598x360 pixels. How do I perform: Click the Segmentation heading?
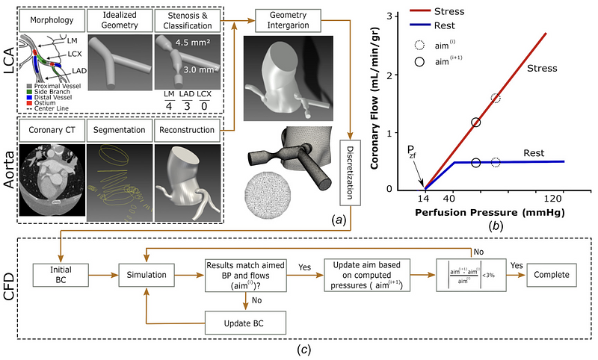(117, 130)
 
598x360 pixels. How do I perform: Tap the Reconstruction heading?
(188, 130)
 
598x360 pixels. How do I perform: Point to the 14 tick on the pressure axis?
(424, 199)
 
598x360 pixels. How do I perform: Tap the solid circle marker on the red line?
(476, 122)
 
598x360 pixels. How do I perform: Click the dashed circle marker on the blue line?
(496, 162)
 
